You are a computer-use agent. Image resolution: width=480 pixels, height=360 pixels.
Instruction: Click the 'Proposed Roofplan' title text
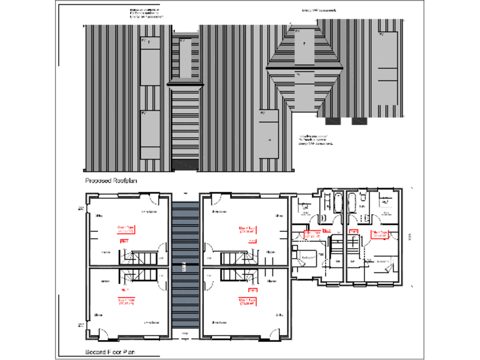pos(111,181)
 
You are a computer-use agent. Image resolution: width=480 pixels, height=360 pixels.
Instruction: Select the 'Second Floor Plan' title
pos(111,353)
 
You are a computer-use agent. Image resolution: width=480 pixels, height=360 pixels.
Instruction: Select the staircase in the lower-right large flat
pos(236,277)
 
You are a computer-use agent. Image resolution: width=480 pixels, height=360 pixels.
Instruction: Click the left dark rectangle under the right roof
pos(332,121)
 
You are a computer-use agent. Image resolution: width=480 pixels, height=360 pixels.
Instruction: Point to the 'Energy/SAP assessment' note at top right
pos(319,11)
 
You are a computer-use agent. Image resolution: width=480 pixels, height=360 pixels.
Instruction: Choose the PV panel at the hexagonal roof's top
pos(305,47)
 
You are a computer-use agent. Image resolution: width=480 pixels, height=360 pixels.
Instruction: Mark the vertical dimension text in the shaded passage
pos(185,267)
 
